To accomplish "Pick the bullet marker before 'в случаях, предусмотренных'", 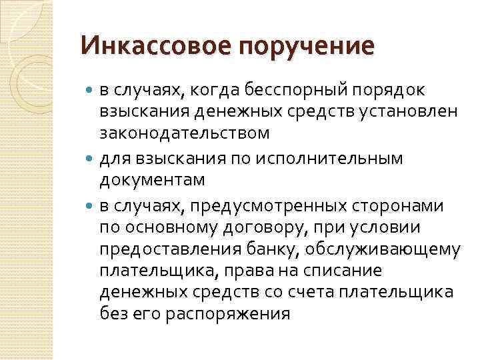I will tap(91, 206).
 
